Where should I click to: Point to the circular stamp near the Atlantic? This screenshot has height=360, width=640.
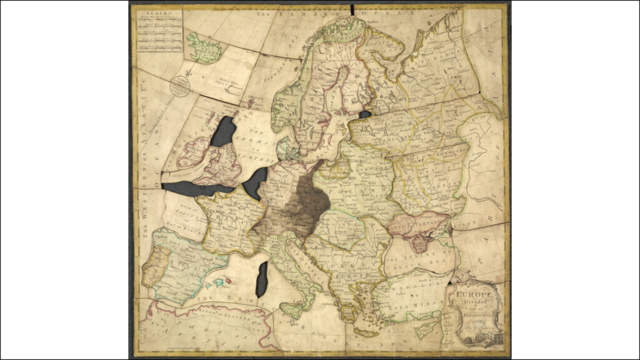181,86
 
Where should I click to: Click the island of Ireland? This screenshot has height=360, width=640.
194,152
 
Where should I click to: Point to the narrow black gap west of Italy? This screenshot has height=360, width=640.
262,279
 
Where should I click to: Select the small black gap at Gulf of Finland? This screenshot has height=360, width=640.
364,115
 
